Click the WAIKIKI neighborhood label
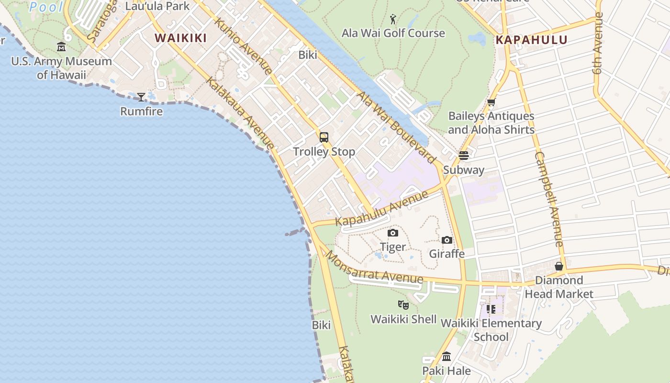(x=180, y=38)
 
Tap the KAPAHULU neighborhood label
(x=531, y=40)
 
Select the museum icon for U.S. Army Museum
(x=61, y=47)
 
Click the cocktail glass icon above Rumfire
(x=141, y=97)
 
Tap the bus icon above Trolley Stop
(x=324, y=137)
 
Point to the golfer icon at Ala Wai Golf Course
(x=393, y=19)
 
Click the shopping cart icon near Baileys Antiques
(x=491, y=102)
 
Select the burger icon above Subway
(x=463, y=156)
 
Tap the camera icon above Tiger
(x=393, y=233)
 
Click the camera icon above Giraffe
(x=447, y=240)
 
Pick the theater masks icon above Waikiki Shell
(x=403, y=304)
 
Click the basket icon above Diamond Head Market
(x=558, y=266)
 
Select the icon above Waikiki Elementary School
(x=491, y=309)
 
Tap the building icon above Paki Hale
(x=447, y=357)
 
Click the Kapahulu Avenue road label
(x=381, y=209)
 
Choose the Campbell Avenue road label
(x=549, y=199)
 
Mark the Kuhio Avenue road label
(x=243, y=46)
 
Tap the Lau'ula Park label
(x=157, y=6)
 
